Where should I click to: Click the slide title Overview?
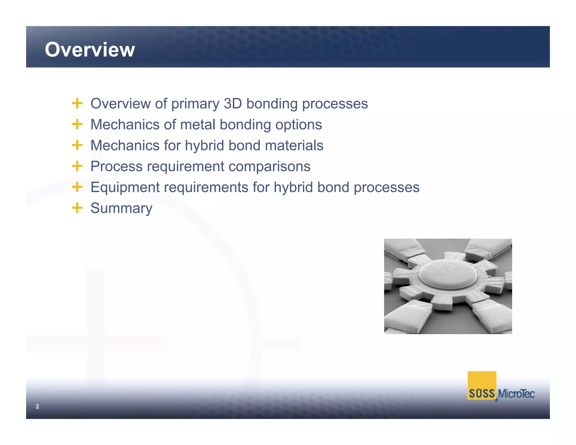(x=90, y=50)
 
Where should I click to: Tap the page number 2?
(x=37, y=406)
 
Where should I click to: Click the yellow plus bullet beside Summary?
(x=77, y=208)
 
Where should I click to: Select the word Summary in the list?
(x=121, y=208)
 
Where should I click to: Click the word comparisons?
(x=269, y=167)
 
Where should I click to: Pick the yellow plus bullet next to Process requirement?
(x=77, y=166)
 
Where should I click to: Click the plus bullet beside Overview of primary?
(x=77, y=103)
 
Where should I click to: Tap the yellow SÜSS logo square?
(x=481, y=383)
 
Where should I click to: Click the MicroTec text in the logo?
(x=516, y=394)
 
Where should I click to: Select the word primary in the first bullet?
(x=195, y=104)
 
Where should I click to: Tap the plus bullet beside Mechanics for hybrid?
(x=77, y=145)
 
